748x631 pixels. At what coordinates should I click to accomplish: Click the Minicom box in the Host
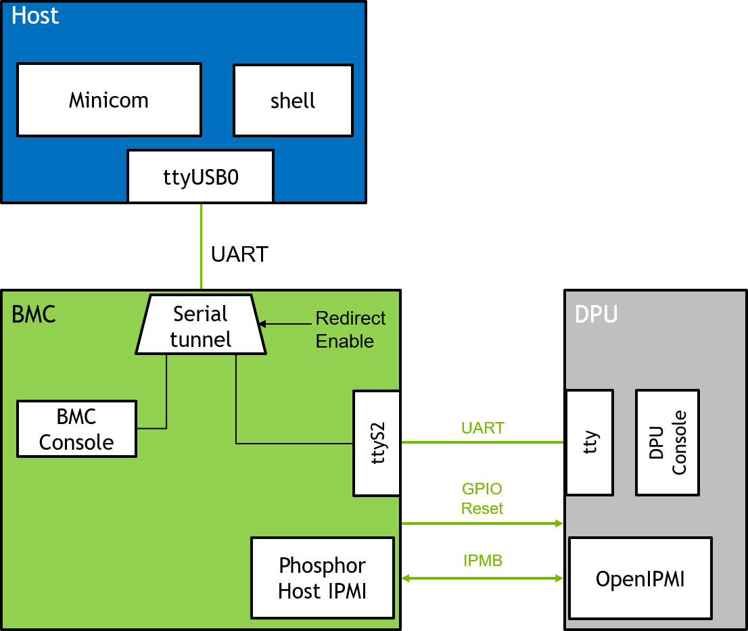point(109,100)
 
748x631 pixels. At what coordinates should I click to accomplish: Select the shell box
point(293,100)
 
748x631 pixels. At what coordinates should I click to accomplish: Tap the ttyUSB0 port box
point(201,177)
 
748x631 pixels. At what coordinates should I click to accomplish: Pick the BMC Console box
point(76,429)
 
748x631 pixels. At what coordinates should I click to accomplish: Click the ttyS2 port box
point(377,443)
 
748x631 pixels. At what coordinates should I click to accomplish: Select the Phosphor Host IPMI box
point(323,578)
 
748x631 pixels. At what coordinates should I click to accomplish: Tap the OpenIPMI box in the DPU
point(640,578)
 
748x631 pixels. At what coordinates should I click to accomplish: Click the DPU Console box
point(668,442)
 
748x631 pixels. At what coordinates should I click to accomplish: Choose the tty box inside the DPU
point(589,442)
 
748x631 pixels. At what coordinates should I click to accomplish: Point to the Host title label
point(35,16)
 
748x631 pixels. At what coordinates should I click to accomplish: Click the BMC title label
point(34,314)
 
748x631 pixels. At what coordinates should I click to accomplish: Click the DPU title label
point(596,314)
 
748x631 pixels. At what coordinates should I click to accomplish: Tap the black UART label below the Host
point(239,254)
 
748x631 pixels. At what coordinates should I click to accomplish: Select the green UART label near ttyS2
point(482,428)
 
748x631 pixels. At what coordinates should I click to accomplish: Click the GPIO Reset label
point(482,498)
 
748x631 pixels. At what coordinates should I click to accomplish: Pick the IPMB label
point(483,561)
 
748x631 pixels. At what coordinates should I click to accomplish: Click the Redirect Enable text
point(350,329)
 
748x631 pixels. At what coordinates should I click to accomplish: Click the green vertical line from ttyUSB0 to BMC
point(201,247)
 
